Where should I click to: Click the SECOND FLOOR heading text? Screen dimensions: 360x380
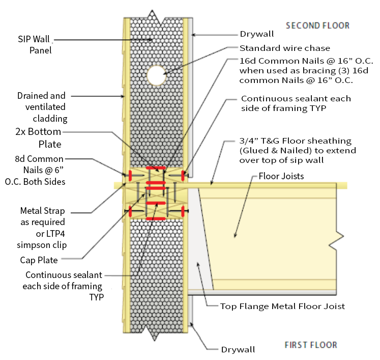pyautogui.click(x=317, y=25)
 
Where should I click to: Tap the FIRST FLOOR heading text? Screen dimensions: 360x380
pyautogui.click(x=310, y=345)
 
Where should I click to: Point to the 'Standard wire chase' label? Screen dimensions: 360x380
pyautogui.click(x=285, y=48)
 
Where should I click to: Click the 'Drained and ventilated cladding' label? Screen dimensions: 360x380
pyautogui.click(x=41, y=107)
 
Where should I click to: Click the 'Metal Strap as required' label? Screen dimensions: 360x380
pyautogui.click(x=42, y=222)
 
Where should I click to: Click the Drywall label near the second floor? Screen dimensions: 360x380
pyautogui.click(x=257, y=35)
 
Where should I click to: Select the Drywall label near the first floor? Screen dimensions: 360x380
pyautogui.click(x=238, y=349)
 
